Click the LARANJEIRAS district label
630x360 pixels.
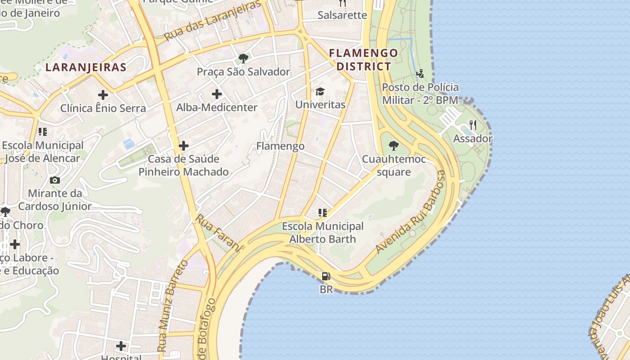[86, 67]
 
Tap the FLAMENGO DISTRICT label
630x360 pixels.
[364, 59]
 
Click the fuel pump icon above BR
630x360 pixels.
[326, 276]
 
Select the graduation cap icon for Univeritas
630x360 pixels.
[320, 91]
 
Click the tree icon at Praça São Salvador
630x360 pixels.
[243, 58]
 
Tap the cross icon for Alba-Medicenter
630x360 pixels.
[217, 94]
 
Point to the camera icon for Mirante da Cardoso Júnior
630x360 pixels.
[55, 180]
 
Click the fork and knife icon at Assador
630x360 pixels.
[472, 125]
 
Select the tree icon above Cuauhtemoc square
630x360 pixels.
[393, 145]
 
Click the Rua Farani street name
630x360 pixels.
[219, 232]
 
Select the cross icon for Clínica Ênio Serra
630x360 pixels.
[103, 95]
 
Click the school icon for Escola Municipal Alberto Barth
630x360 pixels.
[322, 213]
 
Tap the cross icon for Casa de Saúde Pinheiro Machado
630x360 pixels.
[183, 146]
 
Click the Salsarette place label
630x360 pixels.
[342, 15]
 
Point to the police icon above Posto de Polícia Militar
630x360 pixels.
[420, 73]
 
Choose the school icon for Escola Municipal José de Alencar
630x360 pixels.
[43, 132]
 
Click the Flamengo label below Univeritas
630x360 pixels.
[280, 146]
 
